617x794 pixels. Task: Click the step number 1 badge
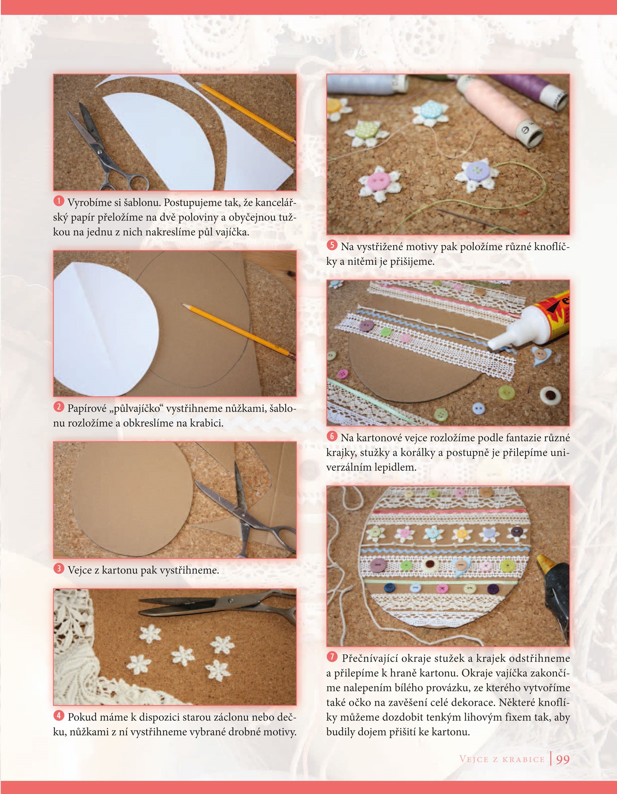[x=58, y=201]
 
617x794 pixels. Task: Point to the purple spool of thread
[x=532, y=89]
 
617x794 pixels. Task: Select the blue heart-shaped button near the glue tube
[x=539, y=355]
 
